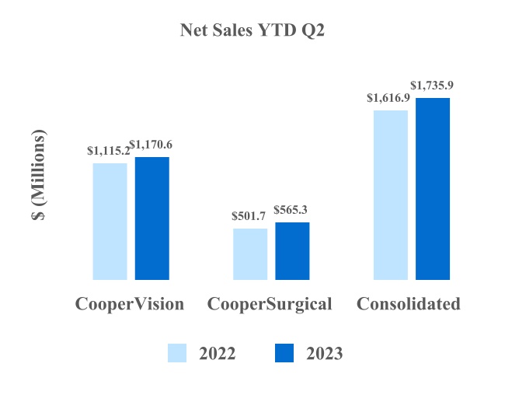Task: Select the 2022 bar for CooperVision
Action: click(x=110, y=221)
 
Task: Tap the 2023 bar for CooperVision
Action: click(x=152, y=218)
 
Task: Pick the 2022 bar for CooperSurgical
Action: click(x=250, y=253)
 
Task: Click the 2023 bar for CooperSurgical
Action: click(x=292, y=250)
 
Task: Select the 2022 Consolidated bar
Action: click(x=391, y=194)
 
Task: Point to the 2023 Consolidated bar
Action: click(x=433, y=188)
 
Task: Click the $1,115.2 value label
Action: click(x=108, y=151)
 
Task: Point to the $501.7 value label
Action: click(x=249, y=216)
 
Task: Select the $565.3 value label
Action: click(x=292, y=210)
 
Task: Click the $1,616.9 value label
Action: click(x=388, y=98)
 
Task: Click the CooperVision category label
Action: click(x=130, y=303)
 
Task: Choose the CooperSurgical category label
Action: click(x=270, y=303)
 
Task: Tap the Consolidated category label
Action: click(x=409, y=303)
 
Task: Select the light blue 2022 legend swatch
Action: click(x=177, y=353)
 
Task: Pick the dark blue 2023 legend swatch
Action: click(x=284, y=353)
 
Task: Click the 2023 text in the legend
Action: click(x=324, y=354)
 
